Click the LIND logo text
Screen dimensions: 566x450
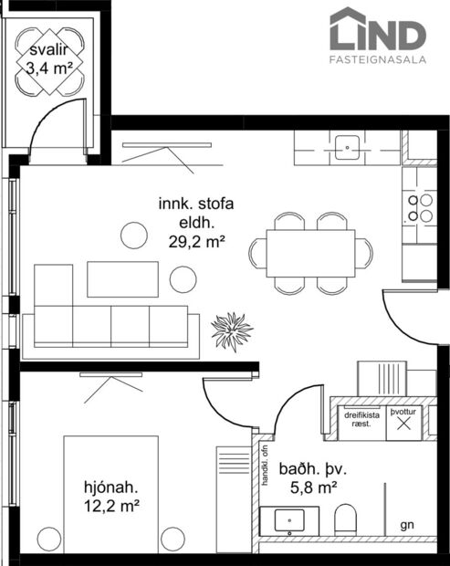click(x=378, y=34)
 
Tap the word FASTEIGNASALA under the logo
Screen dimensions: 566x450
click(x=377, y=60)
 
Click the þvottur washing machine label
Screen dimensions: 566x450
click(x=403, y=413)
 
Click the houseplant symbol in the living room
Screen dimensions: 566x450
click(x=230, y=330)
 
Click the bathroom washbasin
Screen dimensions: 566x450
click(x=290, y=520)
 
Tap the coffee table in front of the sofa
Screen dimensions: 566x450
click(x=122, y=279)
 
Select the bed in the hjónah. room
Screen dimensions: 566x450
click(x=107, y=493)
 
